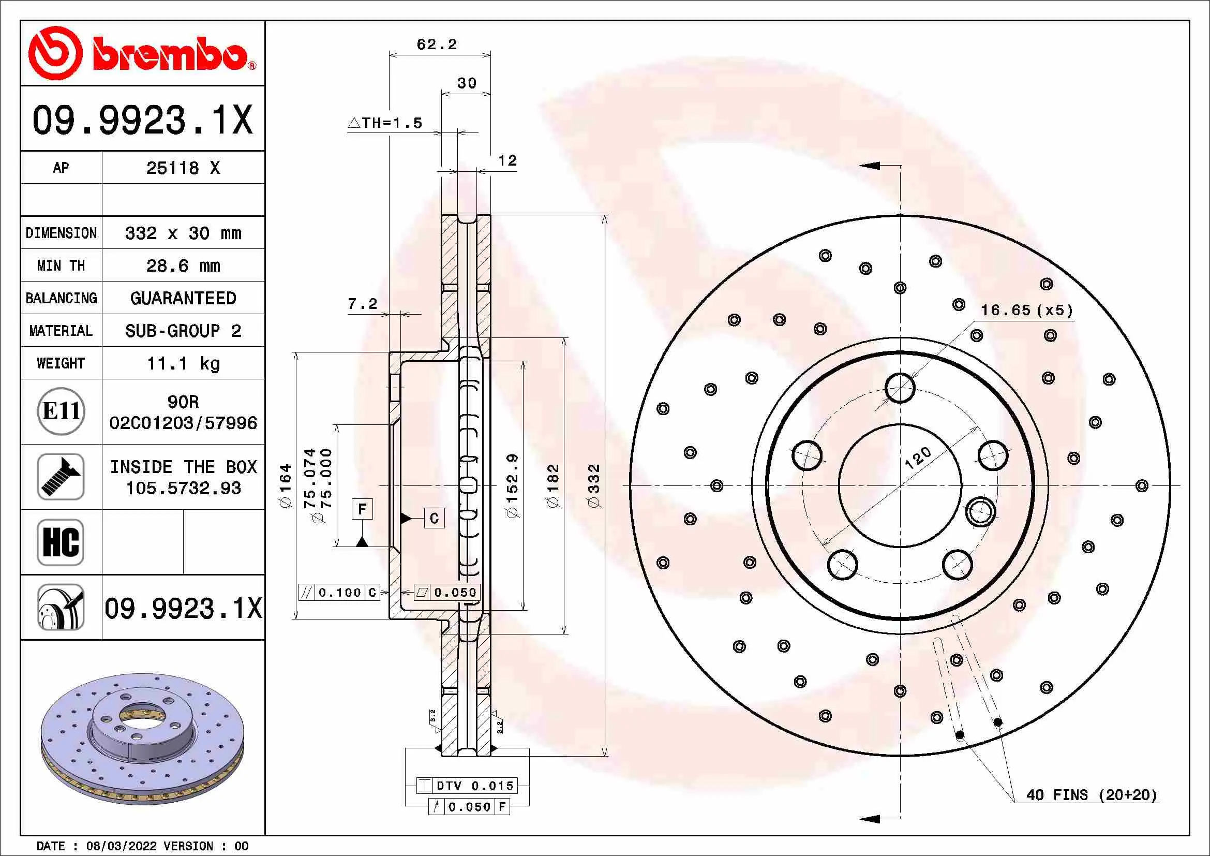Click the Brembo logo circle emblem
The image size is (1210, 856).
point(55,53)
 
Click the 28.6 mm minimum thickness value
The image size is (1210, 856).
point(183,265)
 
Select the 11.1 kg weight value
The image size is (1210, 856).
point(183,363)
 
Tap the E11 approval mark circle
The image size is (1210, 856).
point(61,411)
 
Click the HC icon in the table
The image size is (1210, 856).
point(61,542)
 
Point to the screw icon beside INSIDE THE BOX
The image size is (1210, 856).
point(61,477)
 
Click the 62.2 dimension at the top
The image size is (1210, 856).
point(437,45)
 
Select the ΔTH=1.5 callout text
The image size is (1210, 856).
point(385,123)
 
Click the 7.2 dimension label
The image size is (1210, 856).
point(363,304)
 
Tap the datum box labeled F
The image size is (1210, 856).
point(362,509)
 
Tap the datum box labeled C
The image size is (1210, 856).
point(434,518)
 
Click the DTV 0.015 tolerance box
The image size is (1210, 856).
point(467,786)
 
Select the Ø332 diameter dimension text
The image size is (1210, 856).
point(594,485)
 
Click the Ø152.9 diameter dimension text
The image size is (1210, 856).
point(512,485)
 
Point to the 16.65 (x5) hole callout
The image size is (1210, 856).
point(1026,310)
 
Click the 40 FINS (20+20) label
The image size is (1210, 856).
point(1092,795)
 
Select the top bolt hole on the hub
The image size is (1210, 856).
point(900,388)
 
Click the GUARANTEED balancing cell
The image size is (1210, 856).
point(183,298)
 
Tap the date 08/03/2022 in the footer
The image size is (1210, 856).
point(121,846)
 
